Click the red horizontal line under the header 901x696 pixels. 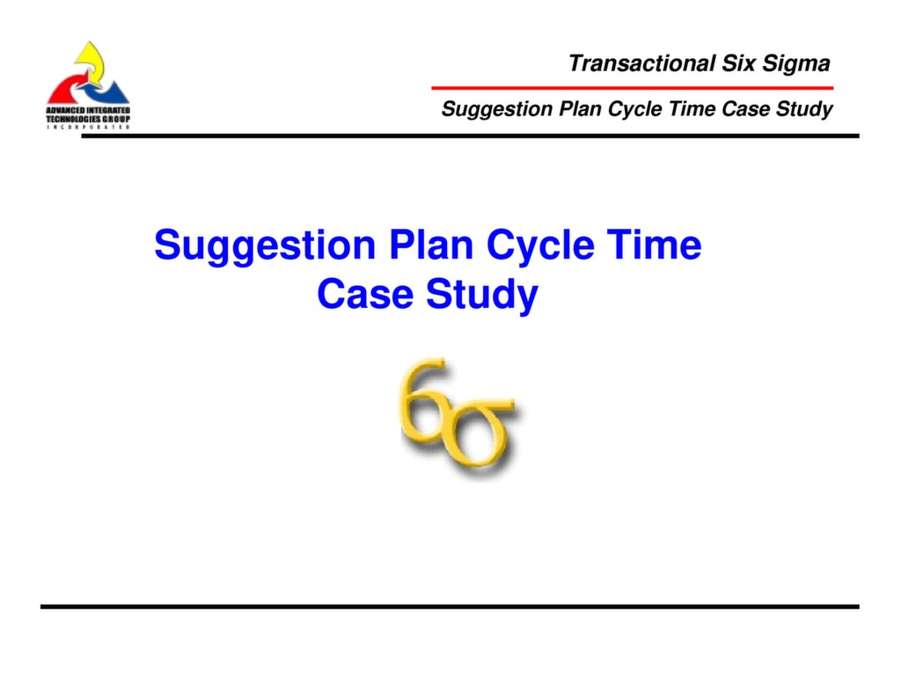coord(631,88)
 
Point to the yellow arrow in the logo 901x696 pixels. coord(90,58)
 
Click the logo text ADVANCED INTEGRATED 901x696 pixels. coord(88,108)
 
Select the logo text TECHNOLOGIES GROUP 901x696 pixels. coord(88,117)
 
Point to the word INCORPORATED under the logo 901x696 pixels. coord(88,126)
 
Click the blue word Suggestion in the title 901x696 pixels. coord(264,245)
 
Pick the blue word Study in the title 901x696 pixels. coord(481,296)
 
